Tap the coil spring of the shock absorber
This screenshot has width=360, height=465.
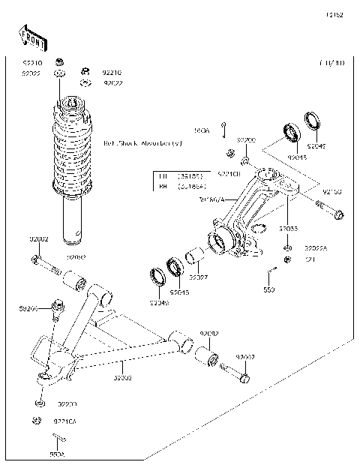(x=73, y=154)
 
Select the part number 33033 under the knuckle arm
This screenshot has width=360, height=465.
(x=289, y=228)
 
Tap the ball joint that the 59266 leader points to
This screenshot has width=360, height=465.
(x=56, y=306)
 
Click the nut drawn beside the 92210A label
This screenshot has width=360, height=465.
(x=36, y=421)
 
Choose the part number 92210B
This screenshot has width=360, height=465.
(x=229, y=173)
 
